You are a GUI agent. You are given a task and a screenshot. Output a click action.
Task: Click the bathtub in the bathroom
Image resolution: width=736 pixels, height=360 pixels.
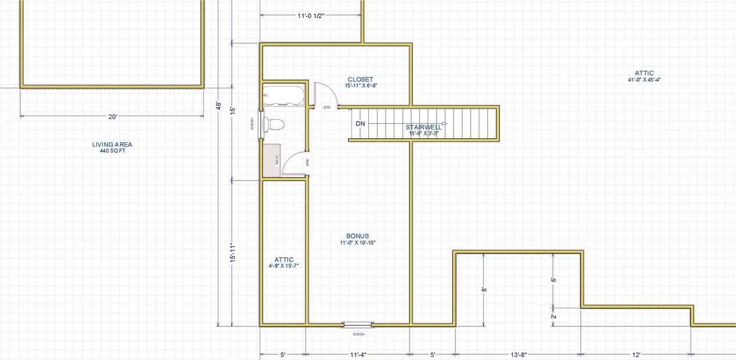[283, 96]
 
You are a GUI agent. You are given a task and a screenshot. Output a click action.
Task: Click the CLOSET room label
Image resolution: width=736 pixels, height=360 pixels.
[360, 80]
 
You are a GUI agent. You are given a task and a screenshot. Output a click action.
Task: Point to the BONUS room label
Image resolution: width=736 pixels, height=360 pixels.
[358, 236]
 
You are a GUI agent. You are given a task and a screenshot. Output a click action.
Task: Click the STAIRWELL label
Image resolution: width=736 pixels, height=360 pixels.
[423, 127]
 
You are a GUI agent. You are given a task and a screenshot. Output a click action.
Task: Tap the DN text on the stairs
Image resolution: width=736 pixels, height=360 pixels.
[360, 124]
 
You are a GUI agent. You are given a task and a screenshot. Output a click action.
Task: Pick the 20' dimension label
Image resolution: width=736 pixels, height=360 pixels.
[113, 116]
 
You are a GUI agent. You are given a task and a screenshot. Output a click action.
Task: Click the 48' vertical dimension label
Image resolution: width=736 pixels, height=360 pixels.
[218, 107]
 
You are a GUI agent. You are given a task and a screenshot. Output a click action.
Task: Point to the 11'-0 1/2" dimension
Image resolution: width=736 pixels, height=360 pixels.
[310, 16]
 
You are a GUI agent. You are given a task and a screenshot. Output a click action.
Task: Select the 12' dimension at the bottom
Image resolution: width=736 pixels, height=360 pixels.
[636, 354]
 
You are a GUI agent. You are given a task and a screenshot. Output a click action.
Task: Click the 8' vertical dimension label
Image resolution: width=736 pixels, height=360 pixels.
[483, 289]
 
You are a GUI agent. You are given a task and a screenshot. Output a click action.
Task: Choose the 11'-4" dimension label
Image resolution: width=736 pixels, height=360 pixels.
[357, 354]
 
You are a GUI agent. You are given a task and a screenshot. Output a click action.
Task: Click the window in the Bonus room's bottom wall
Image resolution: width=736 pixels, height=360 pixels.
[357, 324]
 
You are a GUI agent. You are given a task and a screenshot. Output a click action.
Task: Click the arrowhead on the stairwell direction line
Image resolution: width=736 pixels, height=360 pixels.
[444, 124]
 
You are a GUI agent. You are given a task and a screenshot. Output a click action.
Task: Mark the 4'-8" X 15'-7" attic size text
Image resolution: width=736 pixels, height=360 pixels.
[284, 266]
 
